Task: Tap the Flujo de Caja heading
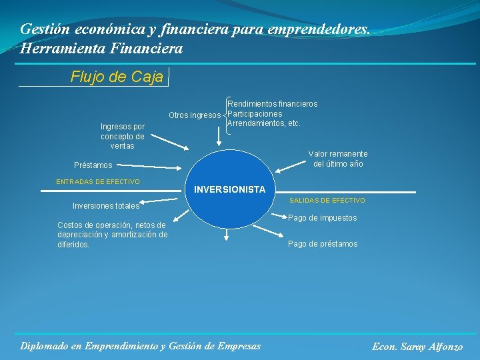[x=117, y=77]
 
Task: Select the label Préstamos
[x=93, y=165]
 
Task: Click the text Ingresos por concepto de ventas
[x=122, y=136]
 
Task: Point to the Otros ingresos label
[x=194, y=115]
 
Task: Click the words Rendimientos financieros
[x=272, y=104]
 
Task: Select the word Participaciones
[x=255, y=114]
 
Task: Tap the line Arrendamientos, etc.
[x=264, y=123]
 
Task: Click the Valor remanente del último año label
[x=337, y=159]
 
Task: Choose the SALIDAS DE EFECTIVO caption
[x=327, y=201]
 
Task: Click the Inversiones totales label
[x=105, y=206]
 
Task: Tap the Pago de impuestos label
[x=322, y=218]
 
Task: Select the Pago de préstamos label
[x=322, y=244]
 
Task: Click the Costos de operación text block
[x=112, y=235]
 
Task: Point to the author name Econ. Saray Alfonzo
[x=417, y=347]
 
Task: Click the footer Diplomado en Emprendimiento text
[x=141, y=345]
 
